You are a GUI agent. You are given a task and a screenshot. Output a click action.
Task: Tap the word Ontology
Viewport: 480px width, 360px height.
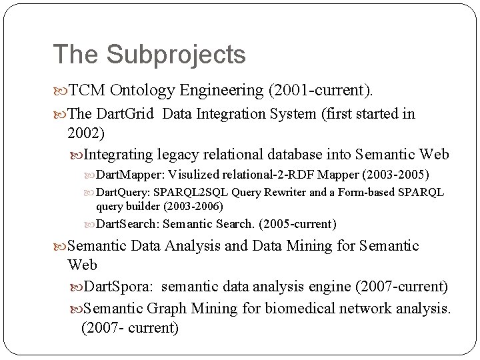pos(144,90)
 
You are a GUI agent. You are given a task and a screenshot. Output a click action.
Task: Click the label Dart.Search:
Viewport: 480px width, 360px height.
pos(128,223)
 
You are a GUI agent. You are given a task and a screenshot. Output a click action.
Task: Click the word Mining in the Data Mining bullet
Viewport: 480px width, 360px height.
pos(312,246)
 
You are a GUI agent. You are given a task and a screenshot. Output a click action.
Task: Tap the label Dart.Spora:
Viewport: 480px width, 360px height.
pos(120,287)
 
